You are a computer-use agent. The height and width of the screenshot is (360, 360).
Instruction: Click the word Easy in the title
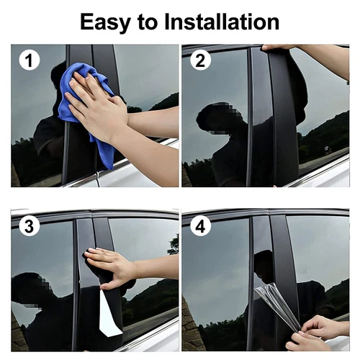109,22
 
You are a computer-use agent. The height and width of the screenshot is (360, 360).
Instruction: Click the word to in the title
150,22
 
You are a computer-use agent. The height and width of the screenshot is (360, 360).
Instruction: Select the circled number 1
30,61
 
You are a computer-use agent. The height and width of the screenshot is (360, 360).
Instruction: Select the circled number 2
201,60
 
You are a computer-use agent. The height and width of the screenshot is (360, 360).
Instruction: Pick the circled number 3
30,228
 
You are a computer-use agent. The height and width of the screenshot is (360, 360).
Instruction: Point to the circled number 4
201,228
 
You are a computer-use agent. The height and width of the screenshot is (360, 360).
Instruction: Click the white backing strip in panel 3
109,317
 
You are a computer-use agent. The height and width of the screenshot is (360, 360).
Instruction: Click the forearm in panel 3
155,268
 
